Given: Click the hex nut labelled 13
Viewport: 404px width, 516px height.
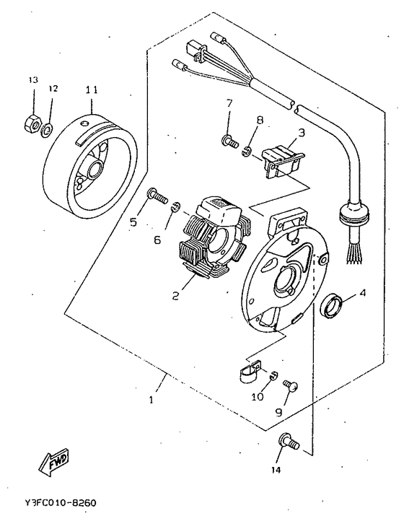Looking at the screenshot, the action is click(x=32, y=123).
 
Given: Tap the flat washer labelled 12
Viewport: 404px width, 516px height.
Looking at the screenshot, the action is click(x=48, y=130).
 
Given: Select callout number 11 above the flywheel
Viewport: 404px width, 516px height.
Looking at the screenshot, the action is click(x=92, y=89).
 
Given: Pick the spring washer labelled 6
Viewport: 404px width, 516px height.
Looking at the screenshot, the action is click(x=176, y=206).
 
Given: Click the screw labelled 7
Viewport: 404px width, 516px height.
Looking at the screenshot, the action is click(x=230, y=141).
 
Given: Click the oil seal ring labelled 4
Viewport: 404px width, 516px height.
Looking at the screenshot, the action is click(x=332, y=307).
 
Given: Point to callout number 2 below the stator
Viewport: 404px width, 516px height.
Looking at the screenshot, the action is click(x=176, y=295).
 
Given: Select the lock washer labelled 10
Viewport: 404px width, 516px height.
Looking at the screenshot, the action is click(x=273, y=375).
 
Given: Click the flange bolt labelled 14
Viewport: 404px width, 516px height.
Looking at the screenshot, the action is click(x=289, y=442).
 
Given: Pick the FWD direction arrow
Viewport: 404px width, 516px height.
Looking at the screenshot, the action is click(x=53, y=461).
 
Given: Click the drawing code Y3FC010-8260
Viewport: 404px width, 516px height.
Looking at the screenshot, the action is click(x=60, y=503).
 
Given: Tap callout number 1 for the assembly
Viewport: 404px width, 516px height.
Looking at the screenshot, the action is click(x=151, y=400).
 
